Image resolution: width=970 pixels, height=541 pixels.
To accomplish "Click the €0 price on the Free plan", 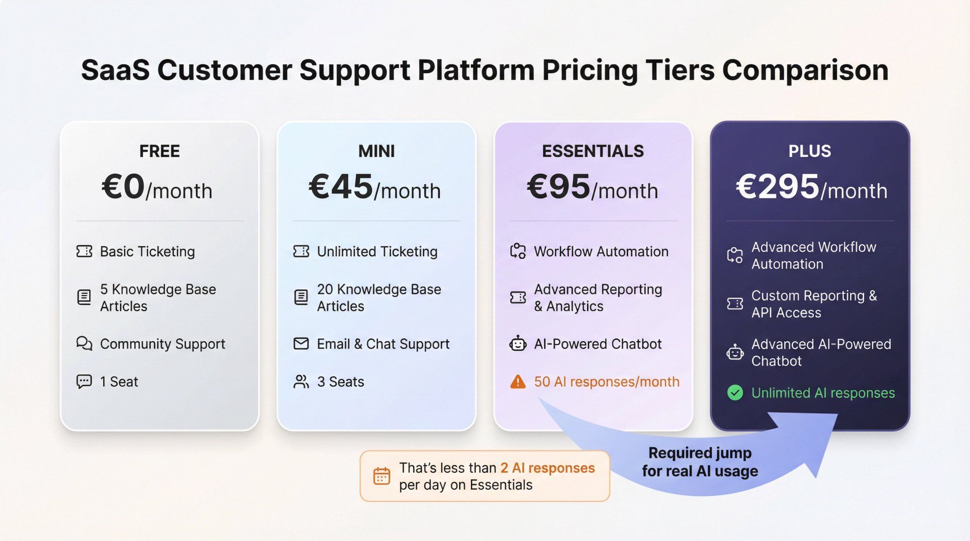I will (123, 187).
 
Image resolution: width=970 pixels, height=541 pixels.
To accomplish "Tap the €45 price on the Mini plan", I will (341, 187).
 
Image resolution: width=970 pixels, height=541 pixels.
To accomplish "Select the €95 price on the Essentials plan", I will (559, 187).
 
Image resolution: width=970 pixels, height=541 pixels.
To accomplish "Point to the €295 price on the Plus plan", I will (777, 187).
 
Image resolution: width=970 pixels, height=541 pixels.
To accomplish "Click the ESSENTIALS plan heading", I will (593, 151).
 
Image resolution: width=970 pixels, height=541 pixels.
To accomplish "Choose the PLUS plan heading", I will (809, 151).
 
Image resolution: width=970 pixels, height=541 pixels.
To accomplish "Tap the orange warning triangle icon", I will (517, 382).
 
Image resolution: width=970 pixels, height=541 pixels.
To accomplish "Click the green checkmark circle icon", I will (735, 393).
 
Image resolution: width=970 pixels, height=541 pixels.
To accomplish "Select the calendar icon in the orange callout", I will (382, 476).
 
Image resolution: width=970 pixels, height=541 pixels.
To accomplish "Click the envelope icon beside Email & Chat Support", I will (301, 344).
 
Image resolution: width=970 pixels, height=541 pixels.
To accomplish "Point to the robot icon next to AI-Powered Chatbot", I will (517, 344).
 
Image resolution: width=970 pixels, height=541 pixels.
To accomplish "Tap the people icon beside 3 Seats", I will (301, 382).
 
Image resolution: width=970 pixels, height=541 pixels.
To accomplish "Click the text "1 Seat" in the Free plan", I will (119, 382).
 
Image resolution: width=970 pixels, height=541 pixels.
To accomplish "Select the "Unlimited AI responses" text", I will (823, 393).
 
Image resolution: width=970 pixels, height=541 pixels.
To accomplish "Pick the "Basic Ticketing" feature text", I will (147, 252).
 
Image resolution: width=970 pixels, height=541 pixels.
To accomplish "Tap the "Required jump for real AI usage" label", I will (700, 462).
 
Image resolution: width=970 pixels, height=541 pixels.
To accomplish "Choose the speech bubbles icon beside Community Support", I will (84, 344).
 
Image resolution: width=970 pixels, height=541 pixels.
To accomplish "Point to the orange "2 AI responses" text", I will (548, 468).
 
